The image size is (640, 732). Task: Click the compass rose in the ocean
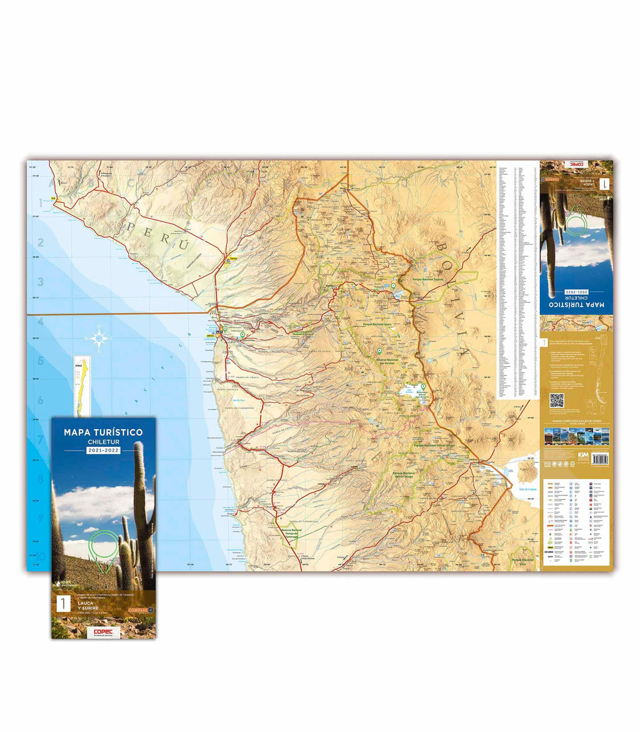click(99, 340)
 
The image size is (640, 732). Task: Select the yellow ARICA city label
click(218, 335)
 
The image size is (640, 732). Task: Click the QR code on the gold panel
click(556, 401)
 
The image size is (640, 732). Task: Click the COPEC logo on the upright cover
click(104, 631)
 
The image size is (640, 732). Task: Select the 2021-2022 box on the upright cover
click(103, 450)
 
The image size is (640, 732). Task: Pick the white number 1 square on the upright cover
click(62, 604)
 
